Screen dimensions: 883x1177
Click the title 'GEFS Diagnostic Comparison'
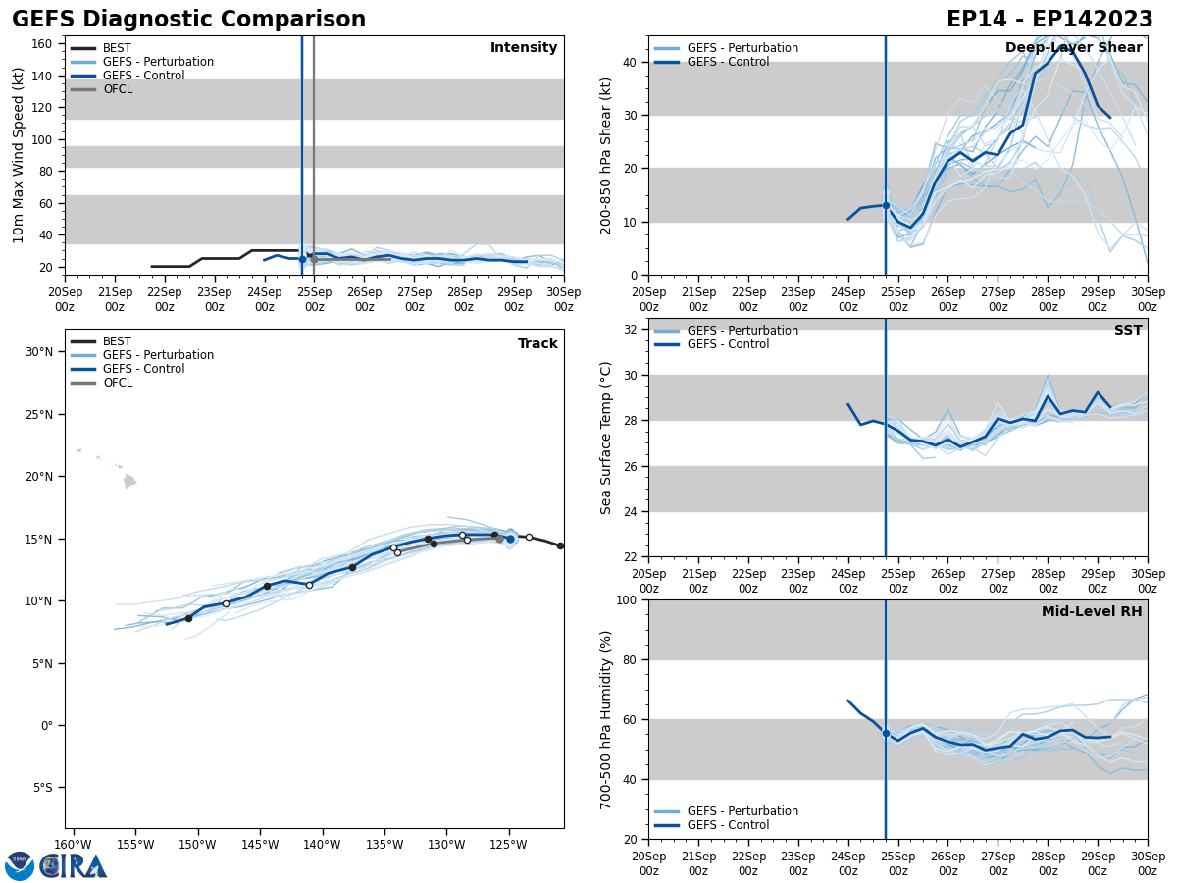pos(188,20)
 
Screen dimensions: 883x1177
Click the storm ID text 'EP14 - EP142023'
pos(1049,20)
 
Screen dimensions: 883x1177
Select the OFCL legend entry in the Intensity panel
pos(117,89)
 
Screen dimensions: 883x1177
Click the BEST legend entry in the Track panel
pos(117,341)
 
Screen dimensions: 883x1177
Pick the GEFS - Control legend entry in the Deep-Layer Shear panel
pos(728,62)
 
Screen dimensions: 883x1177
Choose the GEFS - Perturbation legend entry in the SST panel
pos(742,331)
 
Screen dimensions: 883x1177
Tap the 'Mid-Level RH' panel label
pos(1092,612)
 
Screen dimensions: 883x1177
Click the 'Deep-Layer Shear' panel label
pos(1073,48)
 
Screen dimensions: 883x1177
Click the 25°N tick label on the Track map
pos(39,415)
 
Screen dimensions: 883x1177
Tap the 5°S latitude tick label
pos(43,788)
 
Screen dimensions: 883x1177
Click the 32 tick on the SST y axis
pos(628,330)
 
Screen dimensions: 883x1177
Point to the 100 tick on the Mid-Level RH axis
pos(624,599)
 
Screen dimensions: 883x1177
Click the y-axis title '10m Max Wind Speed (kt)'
pos(19,155)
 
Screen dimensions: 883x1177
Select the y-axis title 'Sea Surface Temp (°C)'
pos(606,438)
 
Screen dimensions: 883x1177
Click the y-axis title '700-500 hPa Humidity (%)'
pos(606,719)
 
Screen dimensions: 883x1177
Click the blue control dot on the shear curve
pos(886,205)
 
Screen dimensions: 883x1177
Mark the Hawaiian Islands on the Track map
pos(128,480)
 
